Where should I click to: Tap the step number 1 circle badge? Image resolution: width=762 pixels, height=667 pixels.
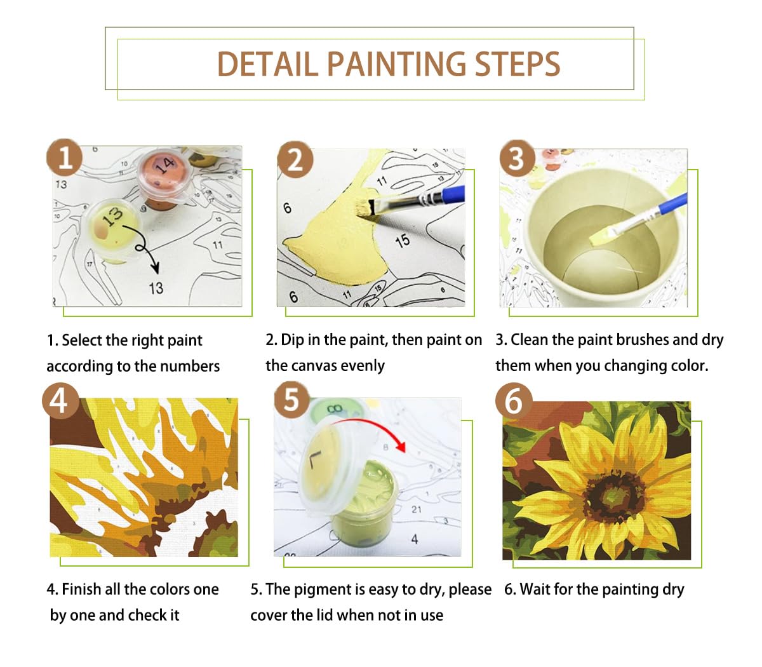point(65,158)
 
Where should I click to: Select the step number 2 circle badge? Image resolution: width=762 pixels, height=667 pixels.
point(295,160)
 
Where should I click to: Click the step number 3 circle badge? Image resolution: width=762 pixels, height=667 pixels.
point(517,158)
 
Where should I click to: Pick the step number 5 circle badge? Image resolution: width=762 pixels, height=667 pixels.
point(291,400)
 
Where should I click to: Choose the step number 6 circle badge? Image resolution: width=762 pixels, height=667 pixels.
point(513,401)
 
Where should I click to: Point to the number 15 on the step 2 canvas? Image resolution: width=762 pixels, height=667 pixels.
point(402,241)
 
